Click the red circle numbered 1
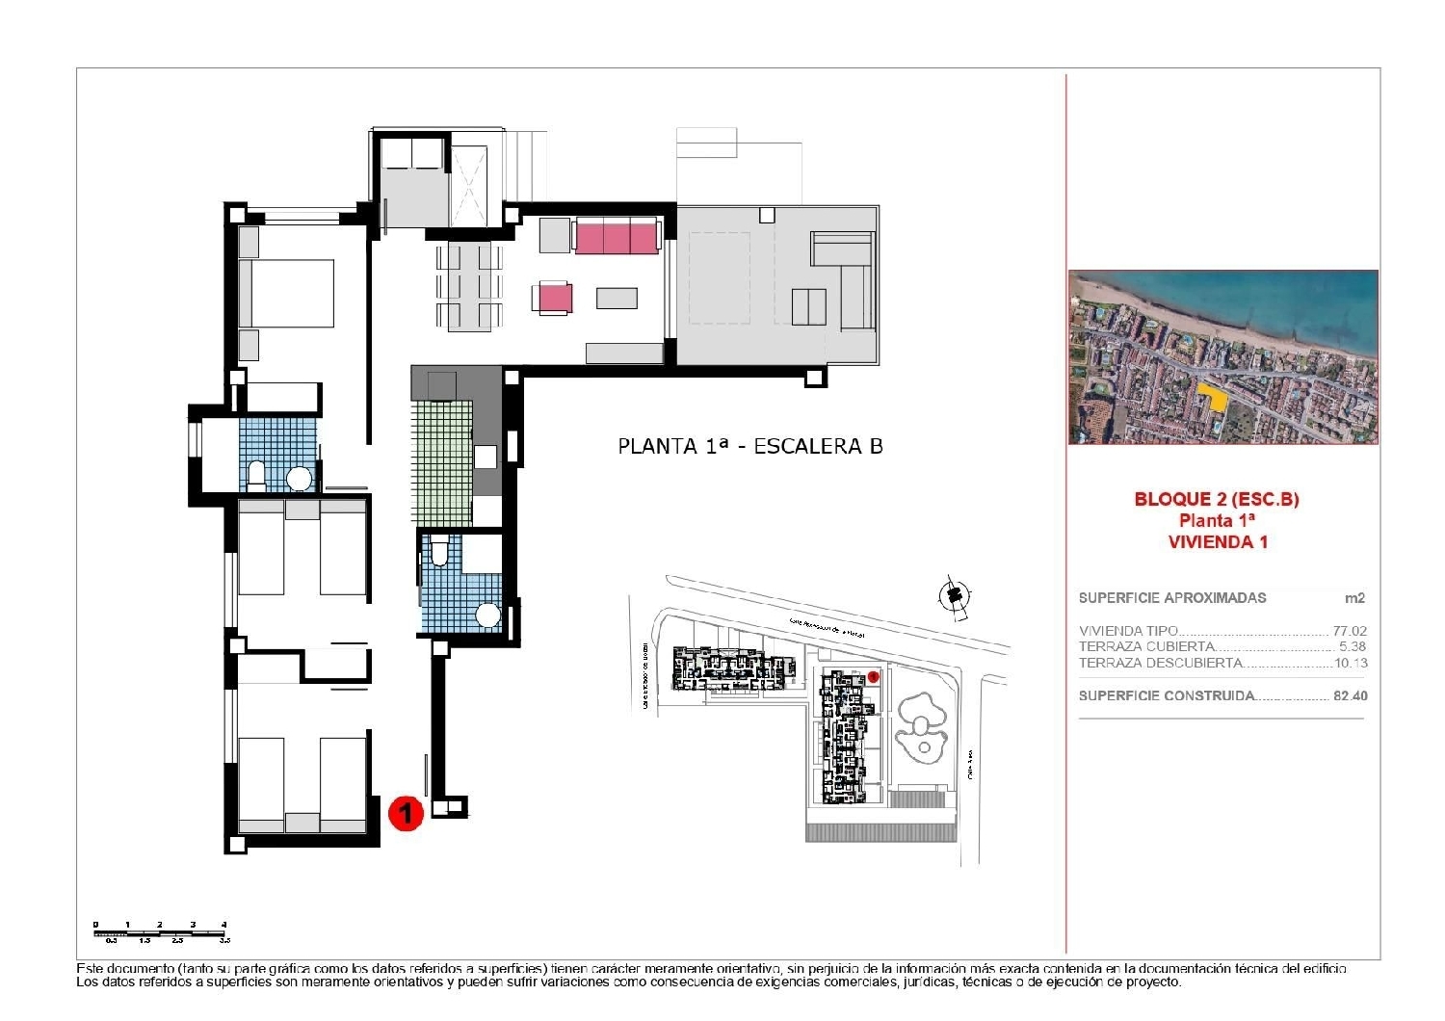point(406,813)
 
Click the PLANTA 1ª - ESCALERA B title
point(749,446)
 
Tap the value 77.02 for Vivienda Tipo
point(1350,631)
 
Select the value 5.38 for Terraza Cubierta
point(1353,647)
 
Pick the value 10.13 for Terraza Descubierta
point(1351,663)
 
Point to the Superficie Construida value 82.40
point(1350,695)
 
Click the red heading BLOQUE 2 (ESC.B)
point(1217,499)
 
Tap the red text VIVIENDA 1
point(1218,541)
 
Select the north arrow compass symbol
point(954,596)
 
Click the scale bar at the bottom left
point(161,931)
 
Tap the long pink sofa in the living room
point(617,236)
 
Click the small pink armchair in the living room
point(555,298)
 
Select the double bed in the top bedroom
point(286,293)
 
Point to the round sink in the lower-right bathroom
point(488,615)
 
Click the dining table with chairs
point(468,286)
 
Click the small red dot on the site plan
point(873,676)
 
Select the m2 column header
point(1354,598)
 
